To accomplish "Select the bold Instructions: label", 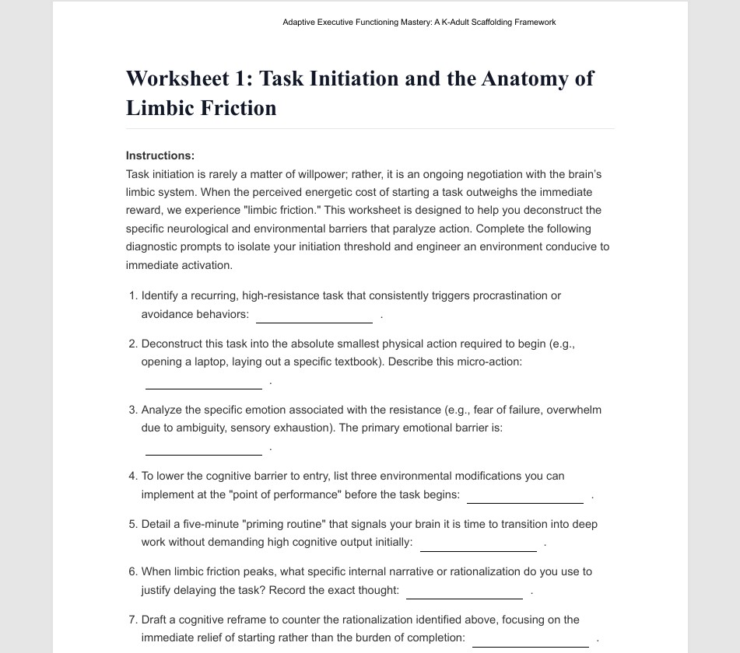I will click(x=160, y=155).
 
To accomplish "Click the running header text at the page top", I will click(x=419, y=22).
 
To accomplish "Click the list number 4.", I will click(x=132, y=476).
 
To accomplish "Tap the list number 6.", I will click(x=132, y=571).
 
